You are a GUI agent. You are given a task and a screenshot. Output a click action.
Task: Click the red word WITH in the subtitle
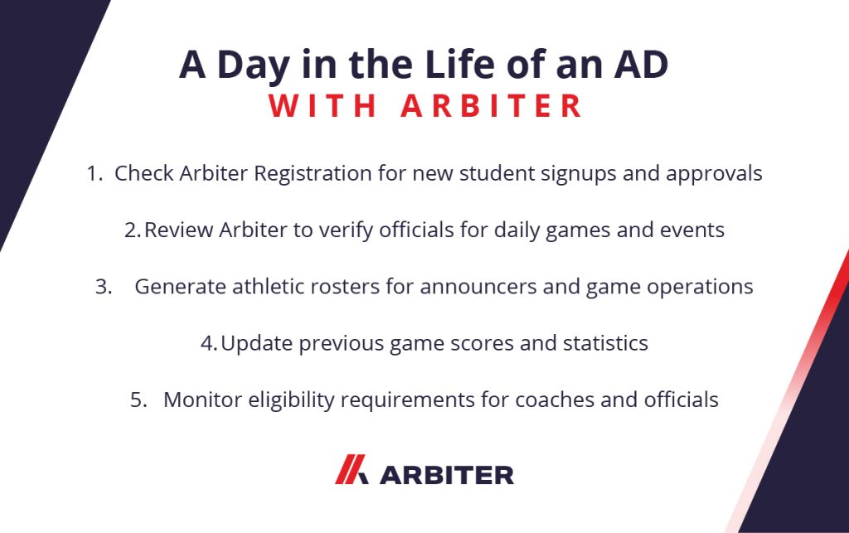pyautogui.click(x=323, y=105)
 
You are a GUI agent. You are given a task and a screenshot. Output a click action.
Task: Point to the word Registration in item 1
pyautogui.click(x=313, y=174)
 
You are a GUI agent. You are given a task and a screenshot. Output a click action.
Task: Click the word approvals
pyautogui.click(x=714, y=174)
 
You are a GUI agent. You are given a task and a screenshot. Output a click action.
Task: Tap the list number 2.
pyautogui.click(x=132, y=230)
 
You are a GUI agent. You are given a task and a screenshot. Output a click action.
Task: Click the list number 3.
pyautogui.click(x=104, y=287)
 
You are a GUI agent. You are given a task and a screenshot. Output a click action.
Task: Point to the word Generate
pyautogui.click(x=180, y=287)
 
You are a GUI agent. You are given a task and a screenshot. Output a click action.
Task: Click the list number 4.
pyautogui.click(x=209, y=344)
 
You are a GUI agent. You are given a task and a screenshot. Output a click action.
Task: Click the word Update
pyautogui.click(x=257, y=344)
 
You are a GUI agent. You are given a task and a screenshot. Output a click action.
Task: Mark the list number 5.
pyautogui.click(x=138, y=400)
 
